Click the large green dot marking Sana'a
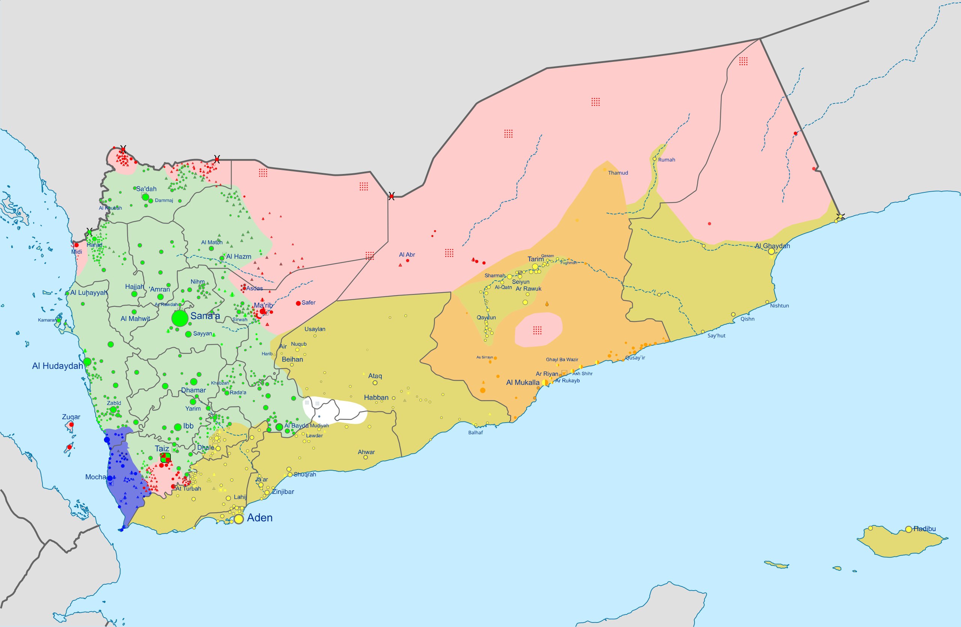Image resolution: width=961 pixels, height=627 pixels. pyautogui.click(x=180, y=319)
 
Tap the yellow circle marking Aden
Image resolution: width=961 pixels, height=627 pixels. pyautogui.click(x=239, y=519)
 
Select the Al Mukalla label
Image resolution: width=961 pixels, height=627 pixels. pyautogui.click(x=523, y=382)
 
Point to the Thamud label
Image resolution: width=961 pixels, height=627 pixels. pyautogui.click(x=618, y=172)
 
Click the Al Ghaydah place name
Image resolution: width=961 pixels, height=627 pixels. pyautogui.click(x=772, y=246)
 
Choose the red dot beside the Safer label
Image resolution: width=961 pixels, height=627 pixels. pyautogui.click(x=298, y=303)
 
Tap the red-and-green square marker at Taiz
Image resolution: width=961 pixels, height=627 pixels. pyautogui.click(x=165, y=457)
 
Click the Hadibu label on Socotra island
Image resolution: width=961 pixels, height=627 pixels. pyautogui.click(x=924, y=528)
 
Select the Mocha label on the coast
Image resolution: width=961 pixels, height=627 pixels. pyautogui.click(x=95, y=477)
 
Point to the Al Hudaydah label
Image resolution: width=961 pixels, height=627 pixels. pyautogui.click(x=57, y=366)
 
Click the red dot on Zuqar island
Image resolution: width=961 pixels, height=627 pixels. pyautogui.click(x=71, y=424)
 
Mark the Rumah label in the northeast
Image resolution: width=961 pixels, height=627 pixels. pyautogui.click(x=666, y=160)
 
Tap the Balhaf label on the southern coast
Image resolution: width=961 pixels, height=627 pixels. pyautogui.click(x=475, y=432)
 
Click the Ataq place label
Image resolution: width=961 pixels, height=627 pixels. pyautogui.click(x=375, y=376)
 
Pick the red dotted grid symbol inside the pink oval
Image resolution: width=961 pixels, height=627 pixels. pyautogui.click(x=537, y=330)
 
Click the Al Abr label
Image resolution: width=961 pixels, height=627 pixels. pyautogui.click(x=407, y=255)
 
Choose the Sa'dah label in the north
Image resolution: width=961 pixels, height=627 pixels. pyautogui.click(x=146, y=189)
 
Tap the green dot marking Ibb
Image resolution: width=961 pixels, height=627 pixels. pyautogui.click(x=178, y=427)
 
